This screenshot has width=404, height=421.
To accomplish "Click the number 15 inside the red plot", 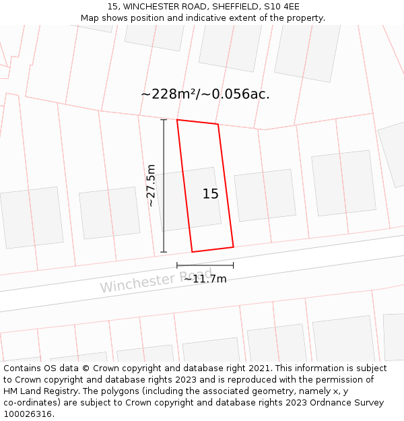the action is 210,194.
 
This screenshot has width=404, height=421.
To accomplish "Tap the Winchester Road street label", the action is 156,280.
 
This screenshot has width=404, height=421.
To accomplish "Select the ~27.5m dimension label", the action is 151,185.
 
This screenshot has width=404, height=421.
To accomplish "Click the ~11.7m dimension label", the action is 205,279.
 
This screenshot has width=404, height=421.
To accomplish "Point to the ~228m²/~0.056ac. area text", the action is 205,94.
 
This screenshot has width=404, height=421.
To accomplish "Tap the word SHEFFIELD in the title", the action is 230,7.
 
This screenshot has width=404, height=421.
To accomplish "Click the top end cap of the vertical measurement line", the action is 164,120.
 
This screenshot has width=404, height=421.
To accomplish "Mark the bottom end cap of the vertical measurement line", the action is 164,252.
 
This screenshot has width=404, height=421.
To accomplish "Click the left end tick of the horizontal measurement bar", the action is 177,266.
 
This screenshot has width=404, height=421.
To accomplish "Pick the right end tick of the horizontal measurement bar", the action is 234,266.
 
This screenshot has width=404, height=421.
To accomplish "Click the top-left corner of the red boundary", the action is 177,120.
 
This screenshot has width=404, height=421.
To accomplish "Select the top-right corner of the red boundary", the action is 218,125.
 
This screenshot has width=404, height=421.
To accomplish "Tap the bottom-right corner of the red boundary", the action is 233,247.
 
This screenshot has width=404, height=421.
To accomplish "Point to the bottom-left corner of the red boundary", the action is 193,252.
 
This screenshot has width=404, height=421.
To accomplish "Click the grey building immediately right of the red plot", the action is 265,195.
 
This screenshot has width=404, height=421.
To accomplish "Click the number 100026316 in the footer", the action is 28,414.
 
